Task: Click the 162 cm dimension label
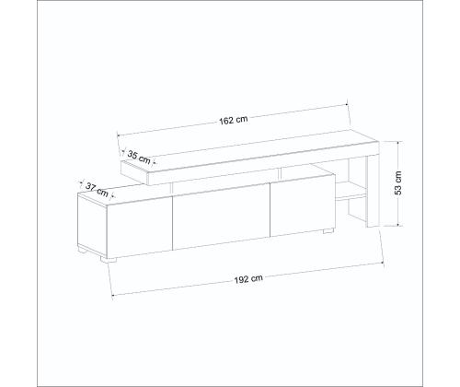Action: click(234, 120)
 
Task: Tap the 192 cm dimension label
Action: click(248, 279)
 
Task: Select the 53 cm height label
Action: click(397, 182)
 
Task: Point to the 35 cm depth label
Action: click(139, 158)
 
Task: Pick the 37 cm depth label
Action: click(97, 190)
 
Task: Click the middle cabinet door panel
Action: click(221, 217)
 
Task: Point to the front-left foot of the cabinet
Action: click(109, 260)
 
